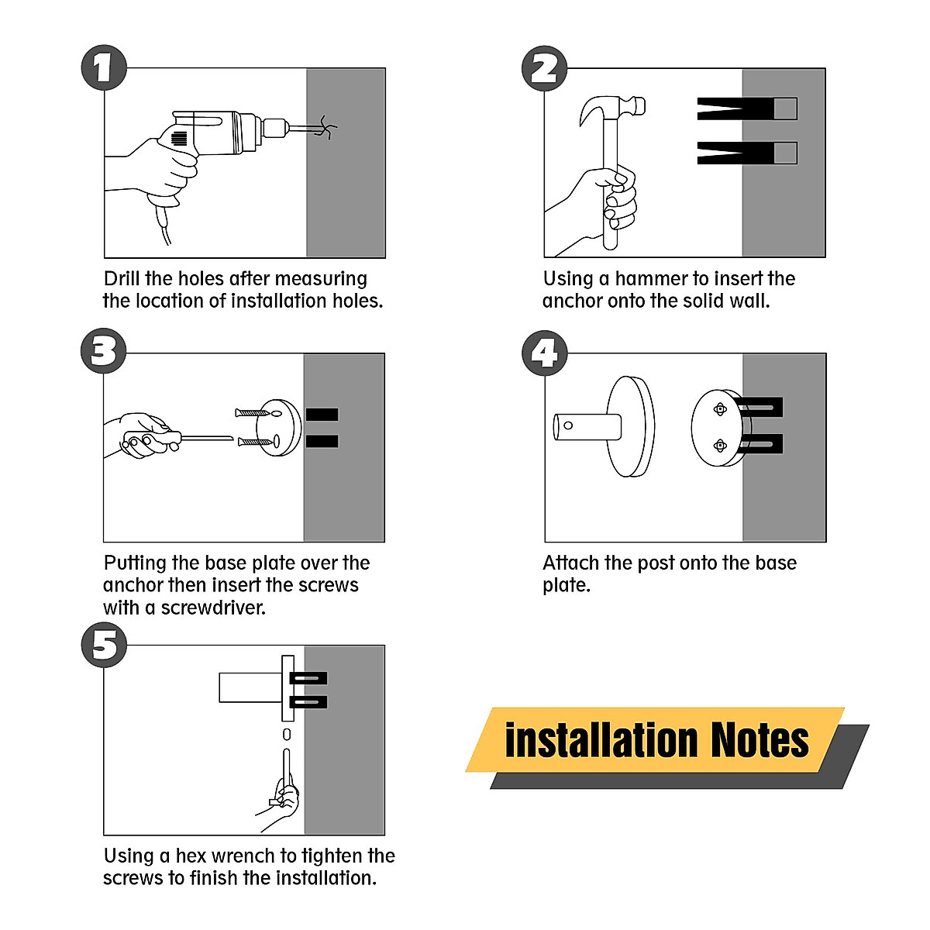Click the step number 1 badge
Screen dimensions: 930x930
104,67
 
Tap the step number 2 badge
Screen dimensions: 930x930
544,68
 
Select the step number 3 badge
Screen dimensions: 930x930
103,350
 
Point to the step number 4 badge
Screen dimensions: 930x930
545,353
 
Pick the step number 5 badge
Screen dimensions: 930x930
104,644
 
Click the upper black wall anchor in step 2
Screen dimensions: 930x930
746,108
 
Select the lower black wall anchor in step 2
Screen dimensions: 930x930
746,153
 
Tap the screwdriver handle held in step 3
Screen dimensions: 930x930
152,441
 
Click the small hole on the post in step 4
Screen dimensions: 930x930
568,425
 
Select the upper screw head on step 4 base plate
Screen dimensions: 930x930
719,409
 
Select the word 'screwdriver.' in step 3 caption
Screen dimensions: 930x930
213,608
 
